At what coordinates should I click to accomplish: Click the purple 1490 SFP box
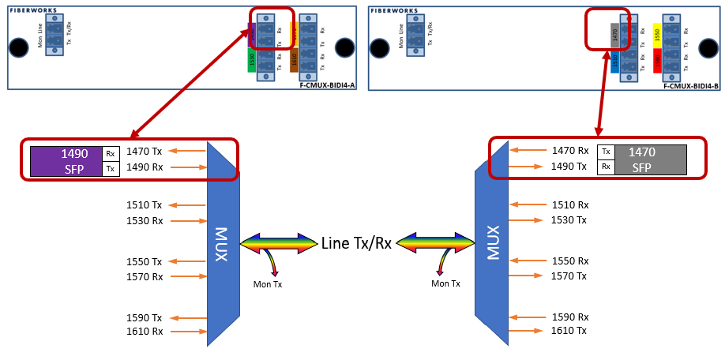click(66, 160)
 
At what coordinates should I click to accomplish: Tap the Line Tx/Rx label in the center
click(356, 242)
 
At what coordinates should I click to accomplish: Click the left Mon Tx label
click(267, 283)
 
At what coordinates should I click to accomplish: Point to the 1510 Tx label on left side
click(145, 205)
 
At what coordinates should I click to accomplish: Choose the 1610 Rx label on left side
click(145, 332)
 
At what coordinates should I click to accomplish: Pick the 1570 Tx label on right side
click(569, 276)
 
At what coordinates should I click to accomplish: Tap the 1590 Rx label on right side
click(569, 317)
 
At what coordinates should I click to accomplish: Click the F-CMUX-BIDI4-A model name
click(327, 84)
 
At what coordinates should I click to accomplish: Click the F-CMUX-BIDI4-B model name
click(690, 84)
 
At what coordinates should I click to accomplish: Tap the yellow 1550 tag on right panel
click(656, 34)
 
